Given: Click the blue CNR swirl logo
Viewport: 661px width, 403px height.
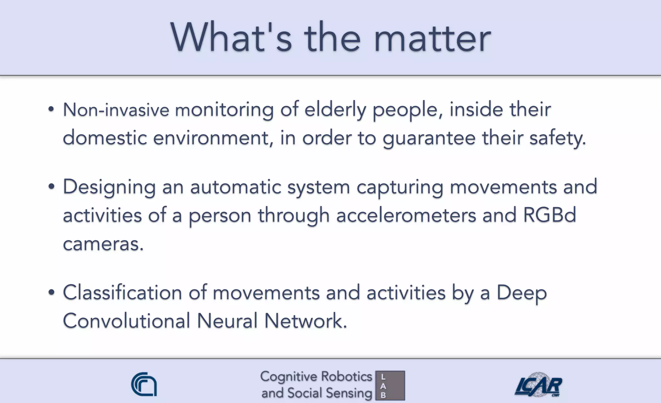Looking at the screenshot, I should (x=144, y=384).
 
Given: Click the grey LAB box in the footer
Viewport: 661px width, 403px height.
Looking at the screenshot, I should (x=390, y=386).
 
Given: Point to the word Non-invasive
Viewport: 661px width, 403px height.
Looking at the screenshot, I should (x=116, y=110).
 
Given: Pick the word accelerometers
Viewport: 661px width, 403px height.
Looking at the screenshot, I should (x=406, y=216).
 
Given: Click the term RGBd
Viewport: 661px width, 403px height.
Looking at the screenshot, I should (x=549, y=215).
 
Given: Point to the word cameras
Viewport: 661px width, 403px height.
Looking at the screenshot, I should (x=103, y=244).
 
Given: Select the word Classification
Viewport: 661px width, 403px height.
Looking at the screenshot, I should (x=122, y=293).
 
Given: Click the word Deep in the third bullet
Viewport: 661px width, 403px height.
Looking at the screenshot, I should (x=521, y=293).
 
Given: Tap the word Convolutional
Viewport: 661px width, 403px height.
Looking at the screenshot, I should (x=126, y=321).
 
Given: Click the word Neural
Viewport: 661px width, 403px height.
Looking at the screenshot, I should (x=227, y=321).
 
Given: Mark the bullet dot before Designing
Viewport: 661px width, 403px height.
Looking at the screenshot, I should (x=51, y=187).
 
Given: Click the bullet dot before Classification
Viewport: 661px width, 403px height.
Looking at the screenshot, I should (x=51, y=293).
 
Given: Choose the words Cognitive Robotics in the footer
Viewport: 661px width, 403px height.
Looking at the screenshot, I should (x=316, y=377).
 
